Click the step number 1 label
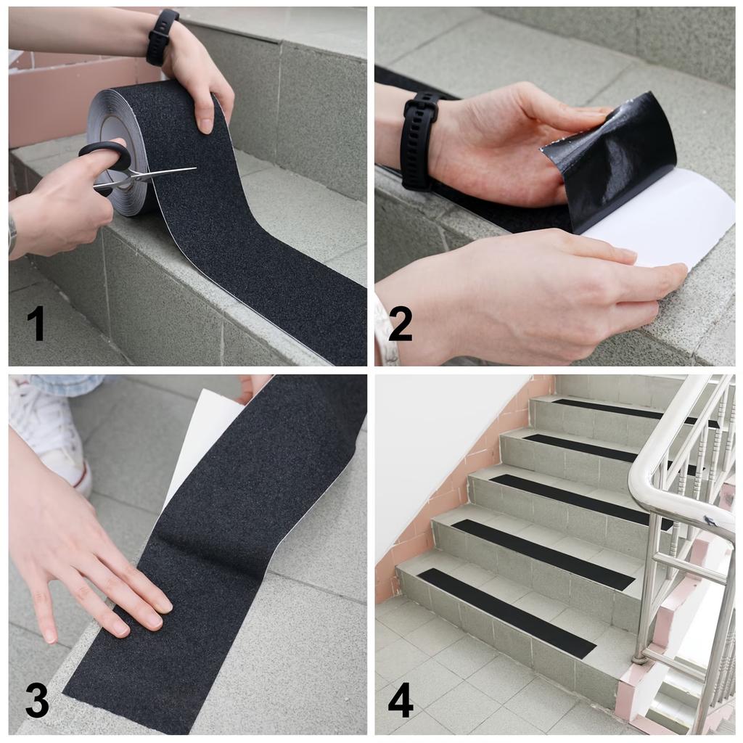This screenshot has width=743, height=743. pyautogui.click(x=36, y=324)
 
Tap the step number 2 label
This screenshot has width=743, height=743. pyautogui.click(x=400, y=324)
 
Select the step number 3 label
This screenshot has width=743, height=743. pyautogui.click(x=36, y=700)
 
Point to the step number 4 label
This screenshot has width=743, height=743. pyautogui.click(x=401, y=700)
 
